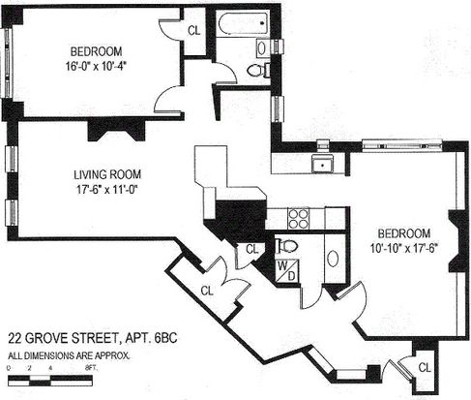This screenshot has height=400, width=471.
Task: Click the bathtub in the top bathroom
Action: (244, 23)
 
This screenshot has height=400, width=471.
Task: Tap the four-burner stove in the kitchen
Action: (298, 219)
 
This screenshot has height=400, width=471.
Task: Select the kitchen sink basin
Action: (322, 164)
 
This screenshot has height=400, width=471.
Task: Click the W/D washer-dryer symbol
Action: (286, 271)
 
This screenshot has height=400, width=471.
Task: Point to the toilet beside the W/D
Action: (286, 246)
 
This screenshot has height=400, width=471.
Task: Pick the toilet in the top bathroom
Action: (258, 70)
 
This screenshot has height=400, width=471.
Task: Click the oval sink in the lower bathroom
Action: (333, 259)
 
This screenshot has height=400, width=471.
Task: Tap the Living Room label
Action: (107, 174)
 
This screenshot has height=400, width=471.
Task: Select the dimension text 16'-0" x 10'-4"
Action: (95, 66)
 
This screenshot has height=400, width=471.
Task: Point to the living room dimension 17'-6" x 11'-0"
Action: (107, 189)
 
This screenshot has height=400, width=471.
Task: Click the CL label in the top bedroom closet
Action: (193, 31)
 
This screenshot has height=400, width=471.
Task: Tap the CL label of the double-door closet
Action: (207, 291)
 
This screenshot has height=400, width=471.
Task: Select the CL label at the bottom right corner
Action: (425, 367)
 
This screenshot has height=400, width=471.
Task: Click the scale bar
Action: (50, 381)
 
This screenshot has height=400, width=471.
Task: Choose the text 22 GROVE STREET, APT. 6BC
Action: (93, 338)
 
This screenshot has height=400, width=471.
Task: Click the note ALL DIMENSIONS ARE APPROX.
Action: (69, 355)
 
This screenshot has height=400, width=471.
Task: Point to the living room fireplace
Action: (116, 131)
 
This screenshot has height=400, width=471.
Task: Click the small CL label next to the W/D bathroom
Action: (251, 249)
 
